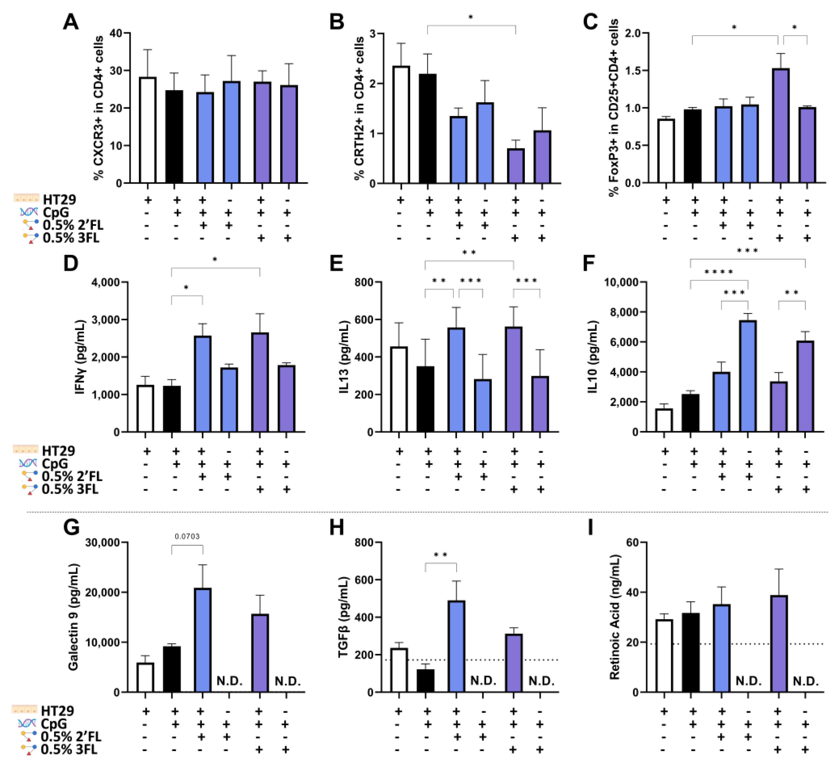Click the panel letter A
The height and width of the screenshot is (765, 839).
[71, 22]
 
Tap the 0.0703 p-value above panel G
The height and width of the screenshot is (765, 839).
[187, 537]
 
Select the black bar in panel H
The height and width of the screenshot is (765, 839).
[425, 681]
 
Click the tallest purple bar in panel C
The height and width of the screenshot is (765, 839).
[780, 126]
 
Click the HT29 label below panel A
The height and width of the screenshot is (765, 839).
[59, 200]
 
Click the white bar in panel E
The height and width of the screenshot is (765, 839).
[399, 389]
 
